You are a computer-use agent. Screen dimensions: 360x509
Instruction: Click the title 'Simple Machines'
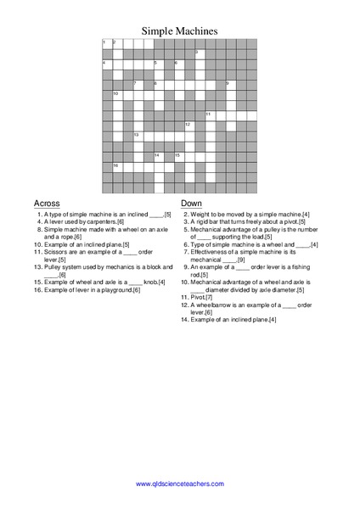coord(179,30)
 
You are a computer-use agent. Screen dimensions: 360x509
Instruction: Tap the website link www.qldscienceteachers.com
coord(179,483)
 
